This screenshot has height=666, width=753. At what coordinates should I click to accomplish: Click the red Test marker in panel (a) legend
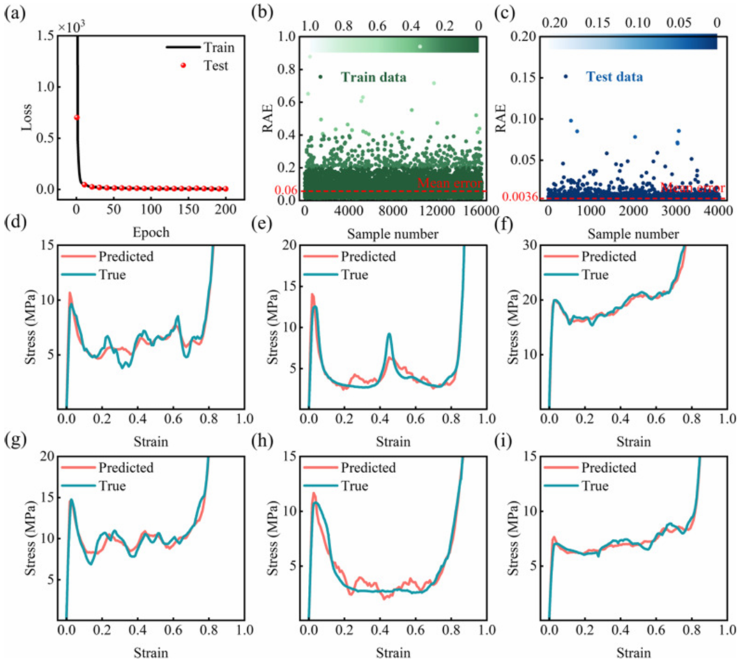click(x=183, y=66)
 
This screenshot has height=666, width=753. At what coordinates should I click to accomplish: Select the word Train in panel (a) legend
click(x=220, y=48)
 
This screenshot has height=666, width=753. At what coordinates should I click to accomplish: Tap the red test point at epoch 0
click(x=77, y=117)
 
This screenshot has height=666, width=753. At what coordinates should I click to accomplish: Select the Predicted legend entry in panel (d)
click(x=125, y=257)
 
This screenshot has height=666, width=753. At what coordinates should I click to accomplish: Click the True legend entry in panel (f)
click(x=594, y=275)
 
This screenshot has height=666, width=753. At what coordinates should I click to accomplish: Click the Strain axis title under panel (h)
click(x=393, y=653)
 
